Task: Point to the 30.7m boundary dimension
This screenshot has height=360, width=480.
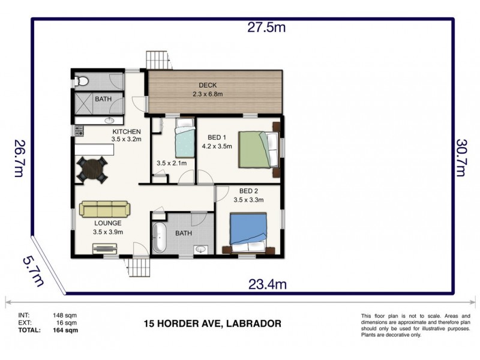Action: click(x=461, y=158)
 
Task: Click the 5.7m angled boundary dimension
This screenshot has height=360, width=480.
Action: click(x=34, y=270)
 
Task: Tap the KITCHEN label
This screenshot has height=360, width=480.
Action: click(x=126, y=131)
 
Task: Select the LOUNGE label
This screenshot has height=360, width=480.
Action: click(x=107, y=223)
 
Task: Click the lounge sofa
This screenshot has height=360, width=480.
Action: click(x=105, y=209)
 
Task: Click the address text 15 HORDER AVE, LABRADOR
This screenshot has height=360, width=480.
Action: click(x=212, y=323)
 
